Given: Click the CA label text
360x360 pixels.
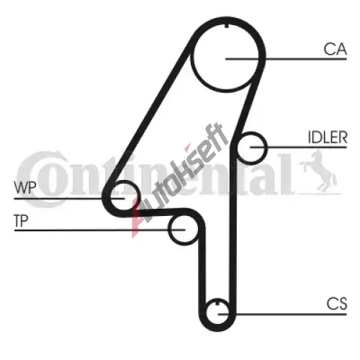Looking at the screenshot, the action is point(335,49).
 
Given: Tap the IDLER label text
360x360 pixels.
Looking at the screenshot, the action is point(328,138).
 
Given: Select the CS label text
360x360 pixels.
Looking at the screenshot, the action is point(337,304).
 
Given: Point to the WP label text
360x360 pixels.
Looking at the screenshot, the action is point(25,187).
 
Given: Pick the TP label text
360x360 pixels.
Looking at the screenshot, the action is point(21,220).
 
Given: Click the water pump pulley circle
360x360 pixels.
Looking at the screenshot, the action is point(139,194).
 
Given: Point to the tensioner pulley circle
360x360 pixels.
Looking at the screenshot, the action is point(168,230).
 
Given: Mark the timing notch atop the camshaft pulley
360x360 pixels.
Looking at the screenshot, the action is point(227,26).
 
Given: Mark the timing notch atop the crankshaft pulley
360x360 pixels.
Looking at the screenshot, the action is point(217,302).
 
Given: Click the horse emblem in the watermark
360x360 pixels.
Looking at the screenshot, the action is point(318,171).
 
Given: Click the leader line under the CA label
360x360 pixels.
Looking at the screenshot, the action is point(286,59).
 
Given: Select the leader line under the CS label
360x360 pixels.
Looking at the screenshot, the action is point(282,314).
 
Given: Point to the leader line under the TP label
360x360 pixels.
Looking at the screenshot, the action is point(100,230).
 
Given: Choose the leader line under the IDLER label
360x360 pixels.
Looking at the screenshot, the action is point(299,147).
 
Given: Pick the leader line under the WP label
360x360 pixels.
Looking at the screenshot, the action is point(69,199).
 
